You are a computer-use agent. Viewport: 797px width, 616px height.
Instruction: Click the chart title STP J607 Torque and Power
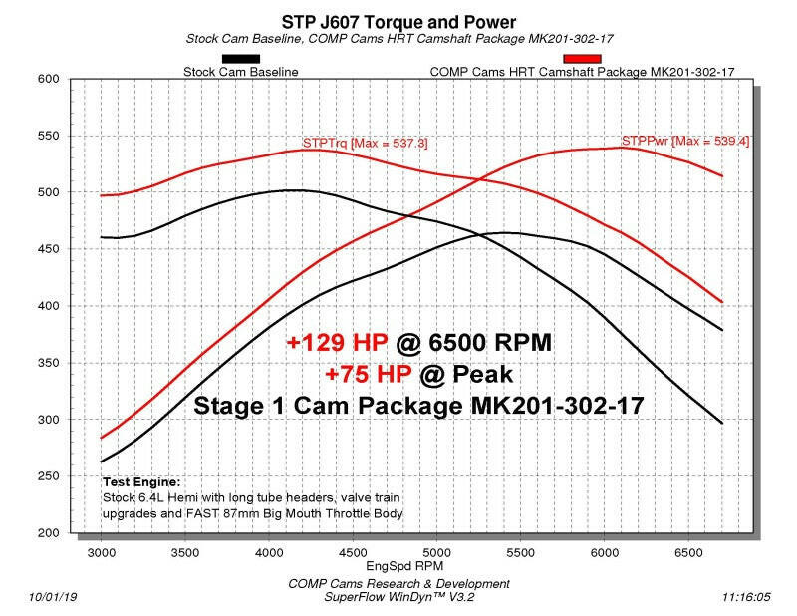(398, 22)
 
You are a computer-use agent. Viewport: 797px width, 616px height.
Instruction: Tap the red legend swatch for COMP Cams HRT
(582, 59)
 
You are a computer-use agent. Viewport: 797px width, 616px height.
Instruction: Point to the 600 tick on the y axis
(51, 79)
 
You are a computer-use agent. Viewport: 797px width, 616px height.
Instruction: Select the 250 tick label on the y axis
(51, 476)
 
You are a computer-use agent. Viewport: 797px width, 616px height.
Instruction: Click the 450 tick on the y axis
(51, 249)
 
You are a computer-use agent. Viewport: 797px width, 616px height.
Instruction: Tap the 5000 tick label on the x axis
(435, 549)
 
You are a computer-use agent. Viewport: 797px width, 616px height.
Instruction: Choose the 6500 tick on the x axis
(687, 549)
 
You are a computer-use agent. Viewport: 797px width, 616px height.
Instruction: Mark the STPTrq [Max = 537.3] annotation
(365, 143)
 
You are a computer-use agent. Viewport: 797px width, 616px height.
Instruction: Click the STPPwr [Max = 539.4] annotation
(685, 141)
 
